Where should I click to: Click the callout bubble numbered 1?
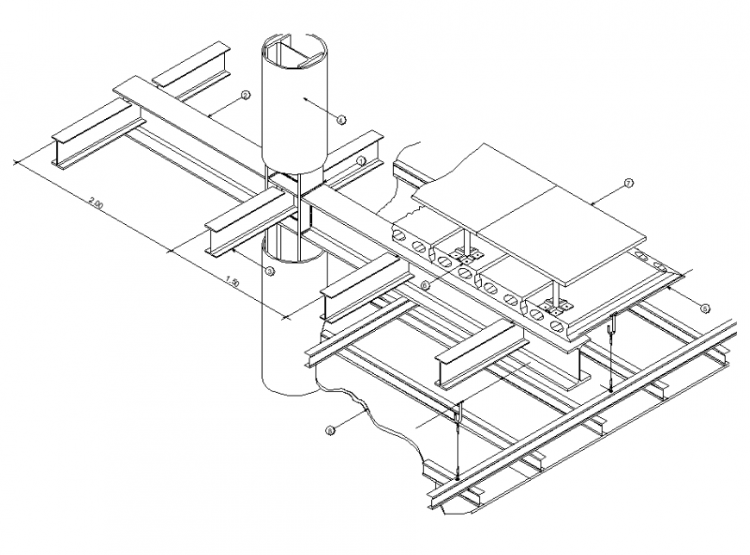coord(362,161)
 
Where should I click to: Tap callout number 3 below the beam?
coord(269,271)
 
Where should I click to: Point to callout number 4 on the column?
coord(341,121)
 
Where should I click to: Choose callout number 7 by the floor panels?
coord(628,183)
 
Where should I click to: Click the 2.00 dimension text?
coord(95,204)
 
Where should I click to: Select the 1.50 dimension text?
coord(230,280)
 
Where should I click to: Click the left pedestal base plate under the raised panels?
coord(469,256)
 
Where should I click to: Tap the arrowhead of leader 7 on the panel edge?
coord(591,203)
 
